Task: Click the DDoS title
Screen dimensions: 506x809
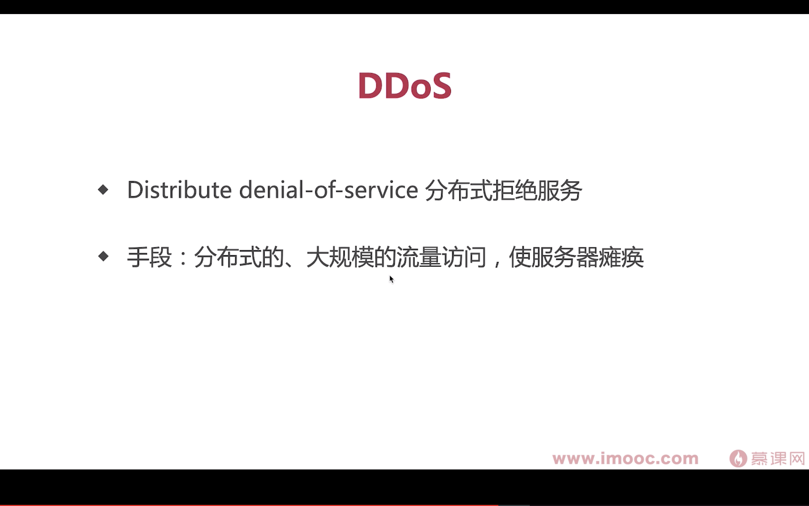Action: click(x=404, y=86)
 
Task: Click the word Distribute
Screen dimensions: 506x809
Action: click(x=179, y=190)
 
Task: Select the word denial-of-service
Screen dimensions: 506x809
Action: click(x=329, y=190)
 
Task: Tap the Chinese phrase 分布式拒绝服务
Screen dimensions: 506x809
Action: click(x=503, y=190)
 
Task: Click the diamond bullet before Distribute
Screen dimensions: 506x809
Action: click(x=103, y=190)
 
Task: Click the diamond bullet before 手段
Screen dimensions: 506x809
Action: click(x=103, y=256)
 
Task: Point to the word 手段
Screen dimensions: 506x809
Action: click(x=149, y=257)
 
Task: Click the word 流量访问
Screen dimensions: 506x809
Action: click(x=441, y=257)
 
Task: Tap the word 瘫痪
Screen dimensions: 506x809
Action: click(x=621, y=257)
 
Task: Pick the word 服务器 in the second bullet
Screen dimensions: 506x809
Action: click(x=565, y=257)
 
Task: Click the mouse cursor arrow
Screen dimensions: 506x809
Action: click(x=392, y=279)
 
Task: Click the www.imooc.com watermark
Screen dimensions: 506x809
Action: click(x=625, y=458)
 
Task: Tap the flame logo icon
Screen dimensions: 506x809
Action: click(x=738, y=458)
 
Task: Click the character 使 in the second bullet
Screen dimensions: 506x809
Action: click(x=520, y=257)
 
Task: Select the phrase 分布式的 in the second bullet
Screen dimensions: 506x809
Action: click(x=239, y=257)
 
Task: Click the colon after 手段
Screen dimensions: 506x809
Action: click(x=183, y=258)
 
